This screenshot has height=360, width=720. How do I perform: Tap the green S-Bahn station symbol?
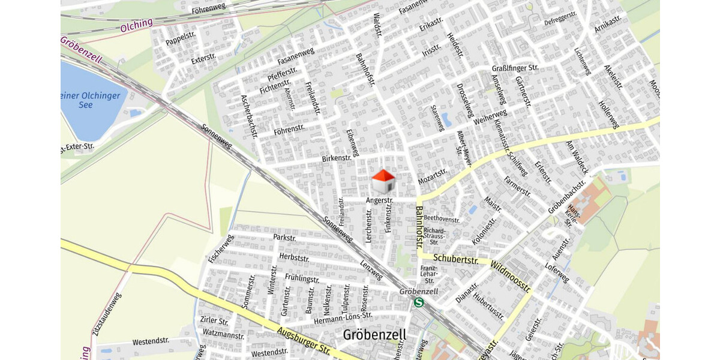click(x=419, y=302)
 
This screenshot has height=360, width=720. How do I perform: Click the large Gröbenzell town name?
click(x=374, y=334)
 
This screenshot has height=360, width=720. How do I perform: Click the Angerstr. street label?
click(x=380, y=200)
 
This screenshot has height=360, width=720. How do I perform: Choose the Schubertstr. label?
click(x=456, y=259)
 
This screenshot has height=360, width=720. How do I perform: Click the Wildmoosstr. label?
click(x=510, y=276)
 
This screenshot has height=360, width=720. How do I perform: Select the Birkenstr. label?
click(x=335, y=158)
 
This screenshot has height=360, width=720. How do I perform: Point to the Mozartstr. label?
click(x=433, y=175)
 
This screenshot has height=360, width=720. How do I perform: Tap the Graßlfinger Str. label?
click(x=515, y=68)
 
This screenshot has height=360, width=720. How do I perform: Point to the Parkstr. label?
click(x=284, y=238)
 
